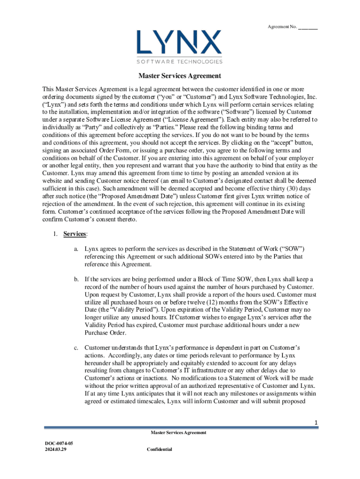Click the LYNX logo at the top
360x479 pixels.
pos(180,42)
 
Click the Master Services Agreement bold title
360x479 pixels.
pos(180,76)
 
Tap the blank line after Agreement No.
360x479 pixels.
pos(308,27)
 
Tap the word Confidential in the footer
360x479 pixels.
pos(159,449)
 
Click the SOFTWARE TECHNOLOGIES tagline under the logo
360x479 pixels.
pos(180,61)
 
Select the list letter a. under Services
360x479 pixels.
pos(76,249)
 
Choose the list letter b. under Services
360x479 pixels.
pos(76,279)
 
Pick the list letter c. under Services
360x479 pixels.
pos(76,348)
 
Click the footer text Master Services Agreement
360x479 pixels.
pos(178,433)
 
